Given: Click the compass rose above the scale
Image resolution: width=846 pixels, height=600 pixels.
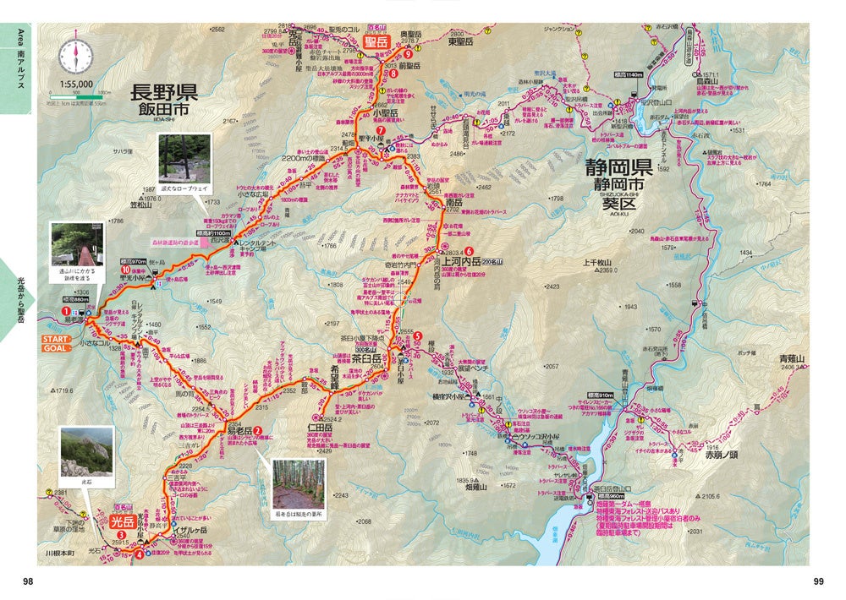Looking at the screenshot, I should point(74,57).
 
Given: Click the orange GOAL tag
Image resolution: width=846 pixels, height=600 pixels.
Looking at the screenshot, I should point(54,347).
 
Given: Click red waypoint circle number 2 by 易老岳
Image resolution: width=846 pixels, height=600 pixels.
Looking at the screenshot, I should point(258,429).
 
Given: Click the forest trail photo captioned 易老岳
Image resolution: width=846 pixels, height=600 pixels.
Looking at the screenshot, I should point(298,483).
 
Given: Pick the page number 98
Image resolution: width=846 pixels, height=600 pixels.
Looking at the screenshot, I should point(28,581).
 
